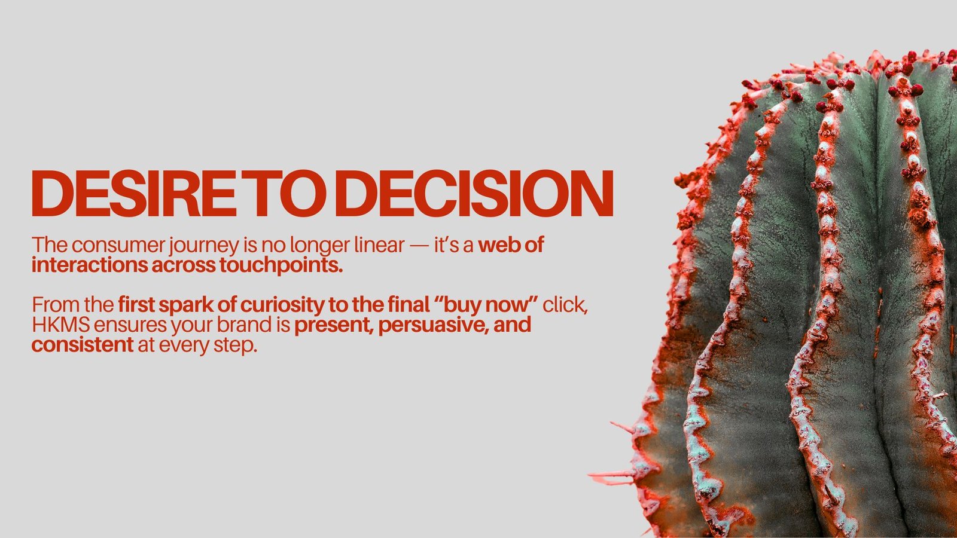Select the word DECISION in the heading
474,194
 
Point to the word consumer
118,246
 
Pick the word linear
379,244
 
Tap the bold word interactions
90,265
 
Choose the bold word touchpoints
281,266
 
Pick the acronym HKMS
61,325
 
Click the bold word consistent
83,345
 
